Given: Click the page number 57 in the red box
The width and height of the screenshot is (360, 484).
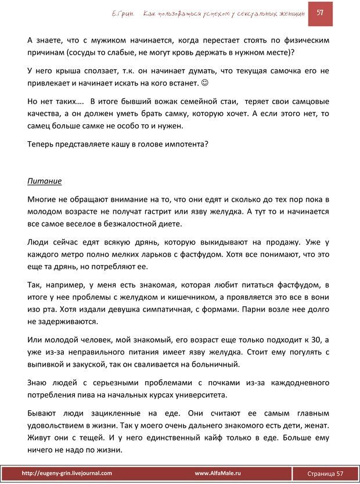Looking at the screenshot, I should point(319,13).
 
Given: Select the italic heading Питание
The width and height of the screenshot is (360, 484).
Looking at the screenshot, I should point(45,181).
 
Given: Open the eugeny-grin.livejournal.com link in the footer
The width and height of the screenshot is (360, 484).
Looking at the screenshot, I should point(66,474).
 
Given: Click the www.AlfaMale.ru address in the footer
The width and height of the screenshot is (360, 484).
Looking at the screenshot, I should point(218,474).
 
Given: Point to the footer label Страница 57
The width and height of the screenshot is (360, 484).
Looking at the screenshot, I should point(325,474).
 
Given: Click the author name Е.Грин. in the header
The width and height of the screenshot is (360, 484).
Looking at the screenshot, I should point(120,13).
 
